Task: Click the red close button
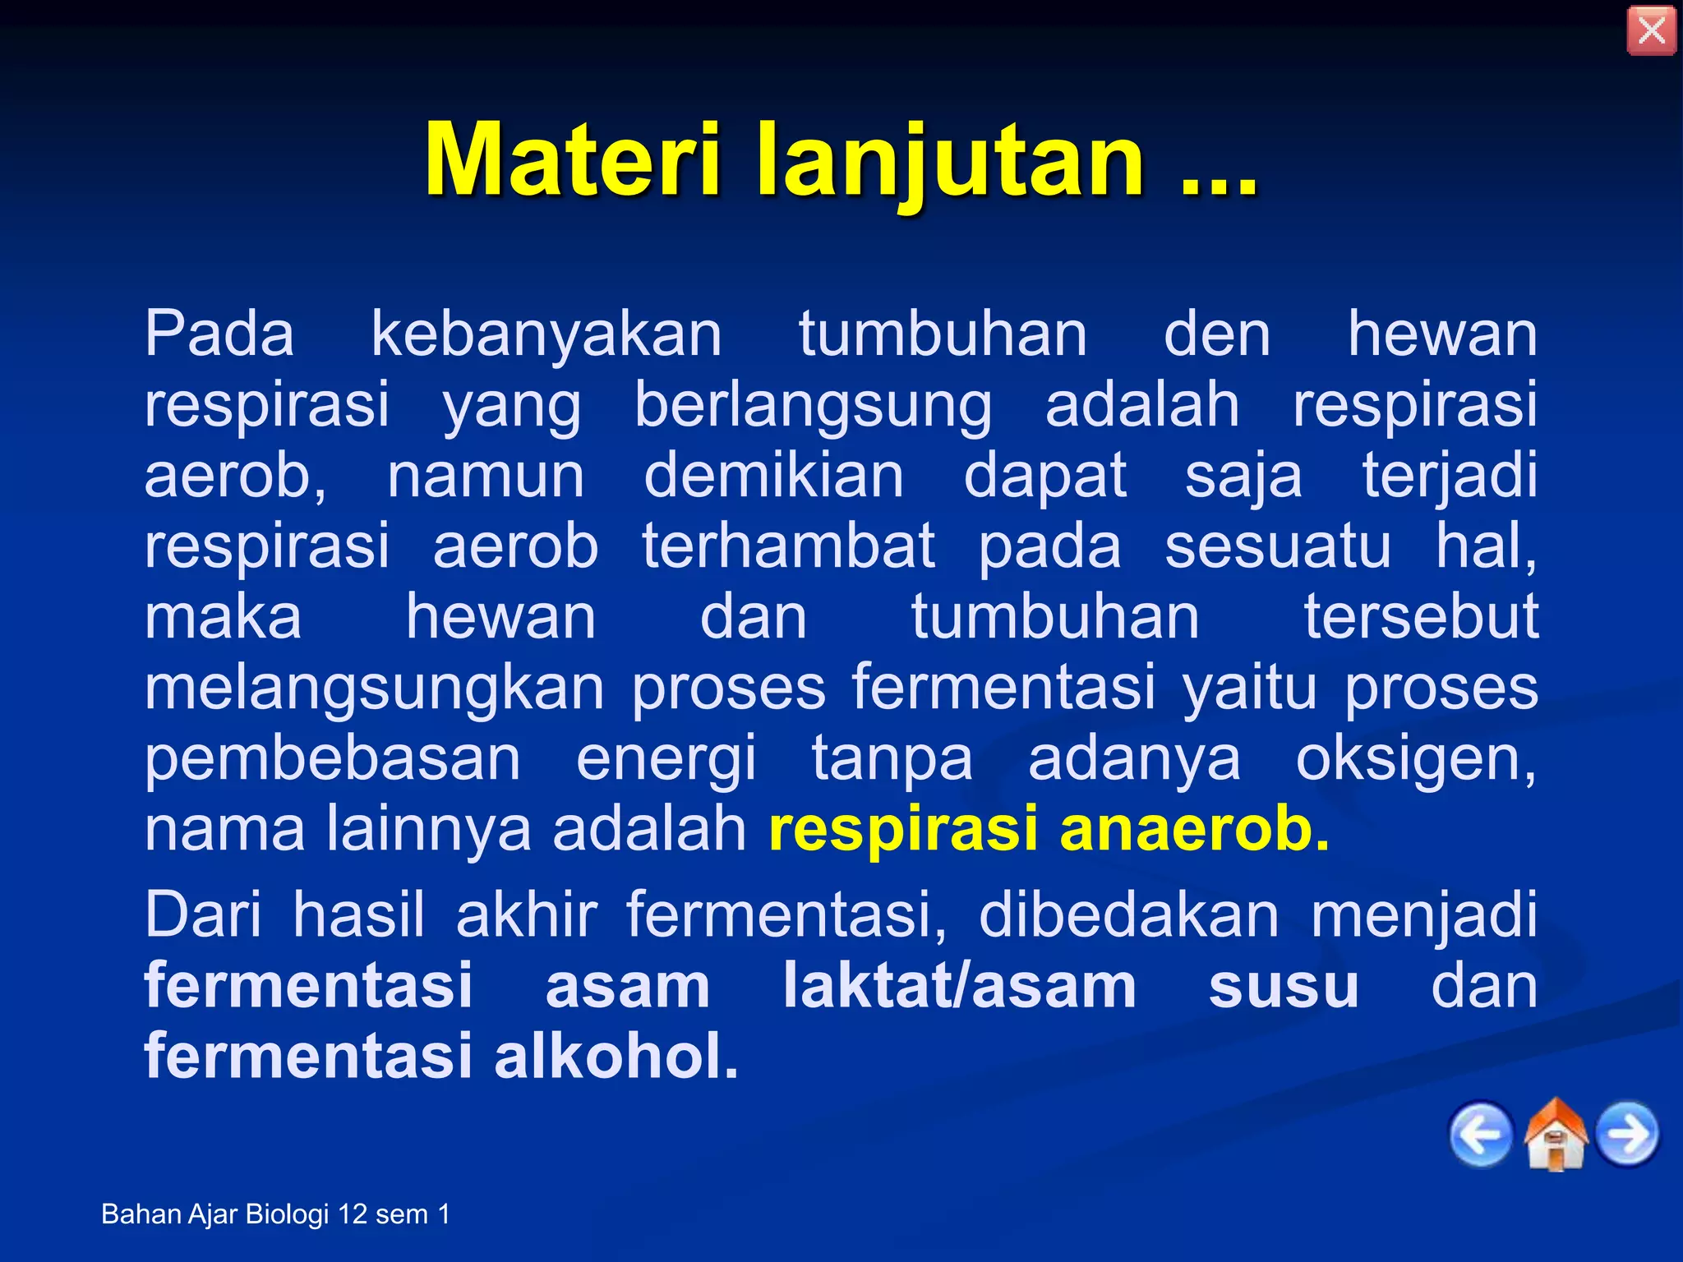point(1651,31)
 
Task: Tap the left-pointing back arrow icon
point(1481,1135)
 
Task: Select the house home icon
point(1555,1135)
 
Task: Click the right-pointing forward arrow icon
point(1628,1135)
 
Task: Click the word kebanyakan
point(546,334)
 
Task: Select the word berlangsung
point(813,406)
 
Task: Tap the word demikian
point(773,477)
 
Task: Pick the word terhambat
point(788,546)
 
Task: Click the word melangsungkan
point(375,689)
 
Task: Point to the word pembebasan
point(333,759)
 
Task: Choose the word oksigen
point(1415,759)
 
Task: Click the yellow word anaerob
point(1194,830)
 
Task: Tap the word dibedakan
point(1128,915)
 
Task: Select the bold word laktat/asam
point(959,986)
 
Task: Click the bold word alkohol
point(616,1057)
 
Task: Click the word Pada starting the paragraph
point(219,334)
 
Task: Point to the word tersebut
point(1421,618)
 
